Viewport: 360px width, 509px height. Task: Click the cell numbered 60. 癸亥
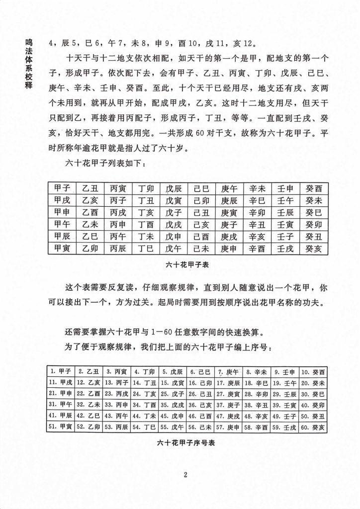point(312,426)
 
